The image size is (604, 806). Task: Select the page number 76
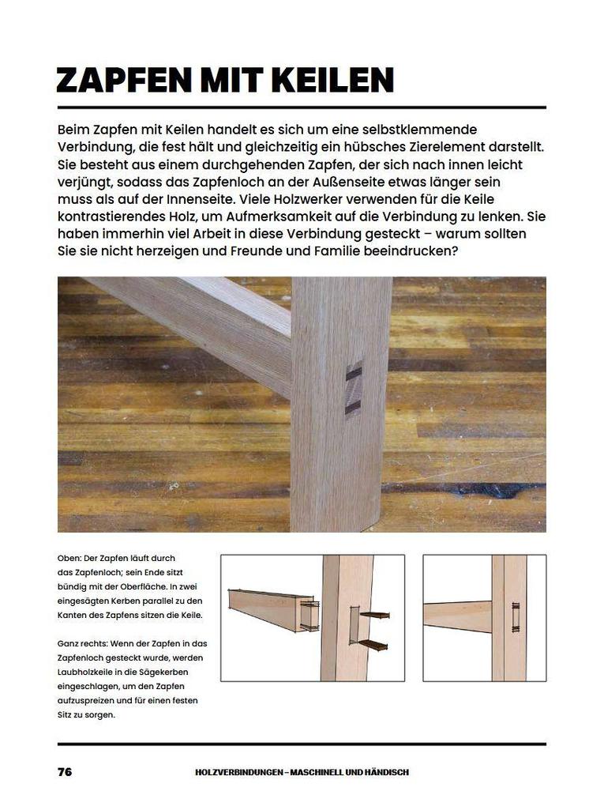(65, 771)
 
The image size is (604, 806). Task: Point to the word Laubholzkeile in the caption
(84, 672)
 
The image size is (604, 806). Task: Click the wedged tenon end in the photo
(353, 390)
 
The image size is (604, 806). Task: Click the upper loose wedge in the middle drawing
(374, 615)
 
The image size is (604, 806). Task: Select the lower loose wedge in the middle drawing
(372, 644)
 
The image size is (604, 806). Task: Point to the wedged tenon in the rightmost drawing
(516, 618)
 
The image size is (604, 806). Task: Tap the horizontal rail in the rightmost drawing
(457, 616)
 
